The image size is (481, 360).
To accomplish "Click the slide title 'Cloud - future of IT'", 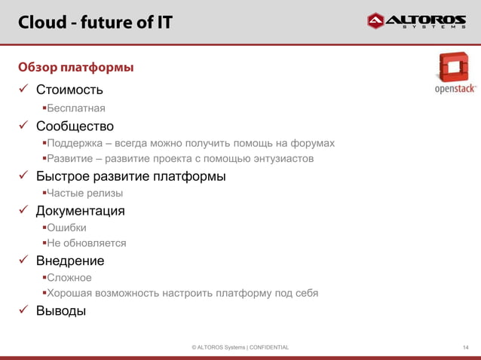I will [x=95, y=23].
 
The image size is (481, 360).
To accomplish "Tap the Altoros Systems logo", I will [x=415, y=21].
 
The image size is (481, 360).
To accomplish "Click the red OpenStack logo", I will [x=455, y=74].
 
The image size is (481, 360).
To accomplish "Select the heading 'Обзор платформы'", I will [x=76, y=68].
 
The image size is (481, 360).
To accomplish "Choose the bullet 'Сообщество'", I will [x=75, y=126].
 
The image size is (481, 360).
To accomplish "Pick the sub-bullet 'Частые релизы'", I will [x=84, y=194].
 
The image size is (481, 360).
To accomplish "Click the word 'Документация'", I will [x=81, y=211].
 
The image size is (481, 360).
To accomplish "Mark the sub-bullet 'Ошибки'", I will [x=66, y=227].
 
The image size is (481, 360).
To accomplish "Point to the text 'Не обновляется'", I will [x=86, y=243].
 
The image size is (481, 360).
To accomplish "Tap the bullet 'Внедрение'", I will [x=70, y=261].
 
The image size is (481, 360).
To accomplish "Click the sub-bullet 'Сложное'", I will [x=69, y=277].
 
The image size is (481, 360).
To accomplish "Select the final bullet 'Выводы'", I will [x=61, y=310].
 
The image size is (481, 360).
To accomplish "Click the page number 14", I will [x=465, y=347].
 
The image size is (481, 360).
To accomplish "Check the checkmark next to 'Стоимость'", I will [x=23, y=91].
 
